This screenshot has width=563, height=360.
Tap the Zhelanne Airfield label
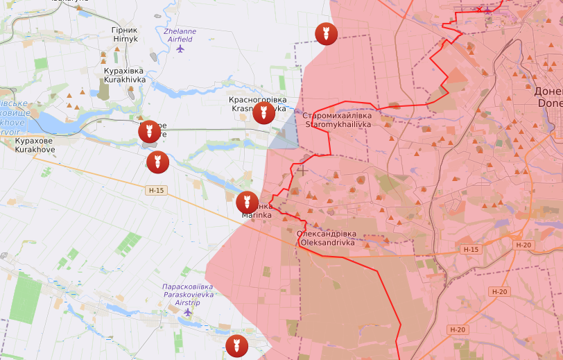click(x=180, y=35)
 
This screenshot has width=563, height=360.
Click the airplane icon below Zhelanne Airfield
click(x=181, y=49)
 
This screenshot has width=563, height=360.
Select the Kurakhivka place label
click(x=124, y=76)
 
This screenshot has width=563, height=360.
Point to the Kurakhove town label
click(x=34, y=145)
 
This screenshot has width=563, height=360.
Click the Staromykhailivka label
click(x=338, y=119)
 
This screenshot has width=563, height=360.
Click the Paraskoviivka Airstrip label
click(x=187, y=295)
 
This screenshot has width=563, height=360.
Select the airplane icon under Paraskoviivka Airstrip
click(x=188, y=312)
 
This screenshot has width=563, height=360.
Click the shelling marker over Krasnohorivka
click(x=262, y=112)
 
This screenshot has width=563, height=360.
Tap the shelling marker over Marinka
click(x=246, y=203)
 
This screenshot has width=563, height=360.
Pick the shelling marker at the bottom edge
click(x=236, y=345)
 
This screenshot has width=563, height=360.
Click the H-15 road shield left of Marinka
click(x=156, y=190)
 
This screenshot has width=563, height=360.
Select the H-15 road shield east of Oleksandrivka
click(x=470, y=249)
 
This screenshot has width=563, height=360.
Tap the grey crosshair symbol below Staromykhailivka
click(x=302, y=169)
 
